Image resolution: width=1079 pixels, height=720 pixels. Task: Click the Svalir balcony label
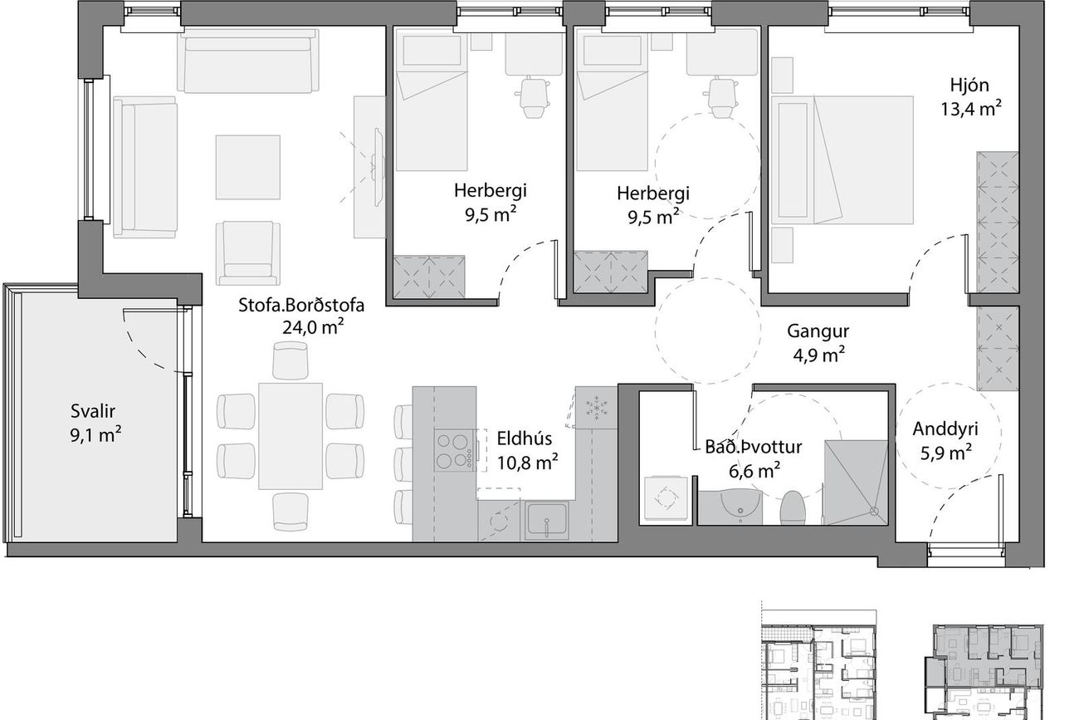pos(93,411)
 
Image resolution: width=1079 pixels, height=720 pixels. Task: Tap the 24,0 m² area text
pos(313,327)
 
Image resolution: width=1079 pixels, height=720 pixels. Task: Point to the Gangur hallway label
pos(818,331)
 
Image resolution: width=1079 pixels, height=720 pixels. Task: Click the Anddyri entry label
pos(945,429)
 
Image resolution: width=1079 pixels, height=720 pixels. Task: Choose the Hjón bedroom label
pos(969,86)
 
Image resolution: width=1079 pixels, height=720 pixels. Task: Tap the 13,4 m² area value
pos(972,109)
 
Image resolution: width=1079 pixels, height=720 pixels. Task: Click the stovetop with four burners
pos(454,450)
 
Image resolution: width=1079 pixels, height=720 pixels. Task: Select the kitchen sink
pos(546,520)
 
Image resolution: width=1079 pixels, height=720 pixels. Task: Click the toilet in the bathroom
pos(793,507)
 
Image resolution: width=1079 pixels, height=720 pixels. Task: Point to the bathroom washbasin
pos(740,506)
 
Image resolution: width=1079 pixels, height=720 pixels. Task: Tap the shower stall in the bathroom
pos(856,482)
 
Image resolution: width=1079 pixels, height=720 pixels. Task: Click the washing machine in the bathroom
pos(666,498)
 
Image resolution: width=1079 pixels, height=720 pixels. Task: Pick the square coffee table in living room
pos(247,167)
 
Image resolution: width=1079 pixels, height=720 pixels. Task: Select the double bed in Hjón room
pos(842,160)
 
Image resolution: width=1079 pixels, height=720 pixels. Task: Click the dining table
pos(290,436)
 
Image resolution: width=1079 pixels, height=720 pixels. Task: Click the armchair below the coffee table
pos(247,253)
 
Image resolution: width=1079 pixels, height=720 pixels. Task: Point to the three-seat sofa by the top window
pos(247,61)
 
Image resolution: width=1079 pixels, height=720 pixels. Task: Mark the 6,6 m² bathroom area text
pos(754,470)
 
